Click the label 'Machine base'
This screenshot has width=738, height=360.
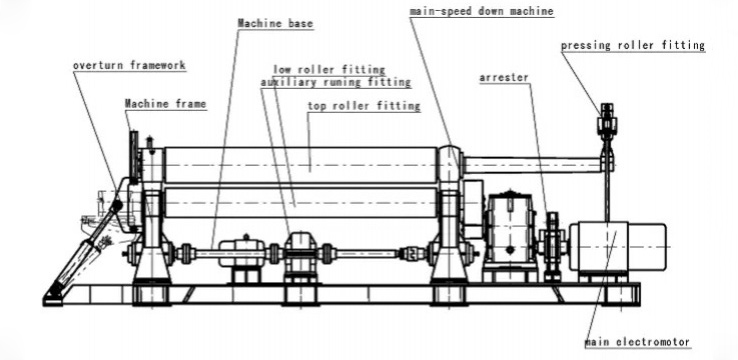tap(270, 22)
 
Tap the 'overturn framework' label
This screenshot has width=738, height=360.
tap(129, 66)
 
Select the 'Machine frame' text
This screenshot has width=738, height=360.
tap(165, 103)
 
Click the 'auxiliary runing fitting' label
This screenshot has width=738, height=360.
tap(321, 83)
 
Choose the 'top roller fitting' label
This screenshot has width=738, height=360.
tap(363, 105)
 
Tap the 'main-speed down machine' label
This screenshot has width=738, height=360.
tap(481, 11)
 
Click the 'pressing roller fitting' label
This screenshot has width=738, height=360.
tap(632, 45)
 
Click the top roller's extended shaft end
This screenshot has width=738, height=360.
tap(530, 163)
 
